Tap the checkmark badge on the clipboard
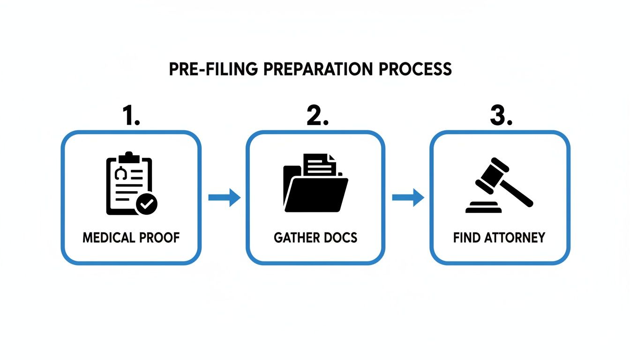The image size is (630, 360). (x=147, y=203)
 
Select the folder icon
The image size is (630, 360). (x=315, y=187)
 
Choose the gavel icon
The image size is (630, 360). (x=499, y=185)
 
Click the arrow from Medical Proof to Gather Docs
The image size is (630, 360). (x=224, y=197)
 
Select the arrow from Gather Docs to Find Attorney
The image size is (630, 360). (x=408, y=197)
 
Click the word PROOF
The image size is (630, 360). (x=160, y=238)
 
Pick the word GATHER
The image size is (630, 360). (x=293, y=238)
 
